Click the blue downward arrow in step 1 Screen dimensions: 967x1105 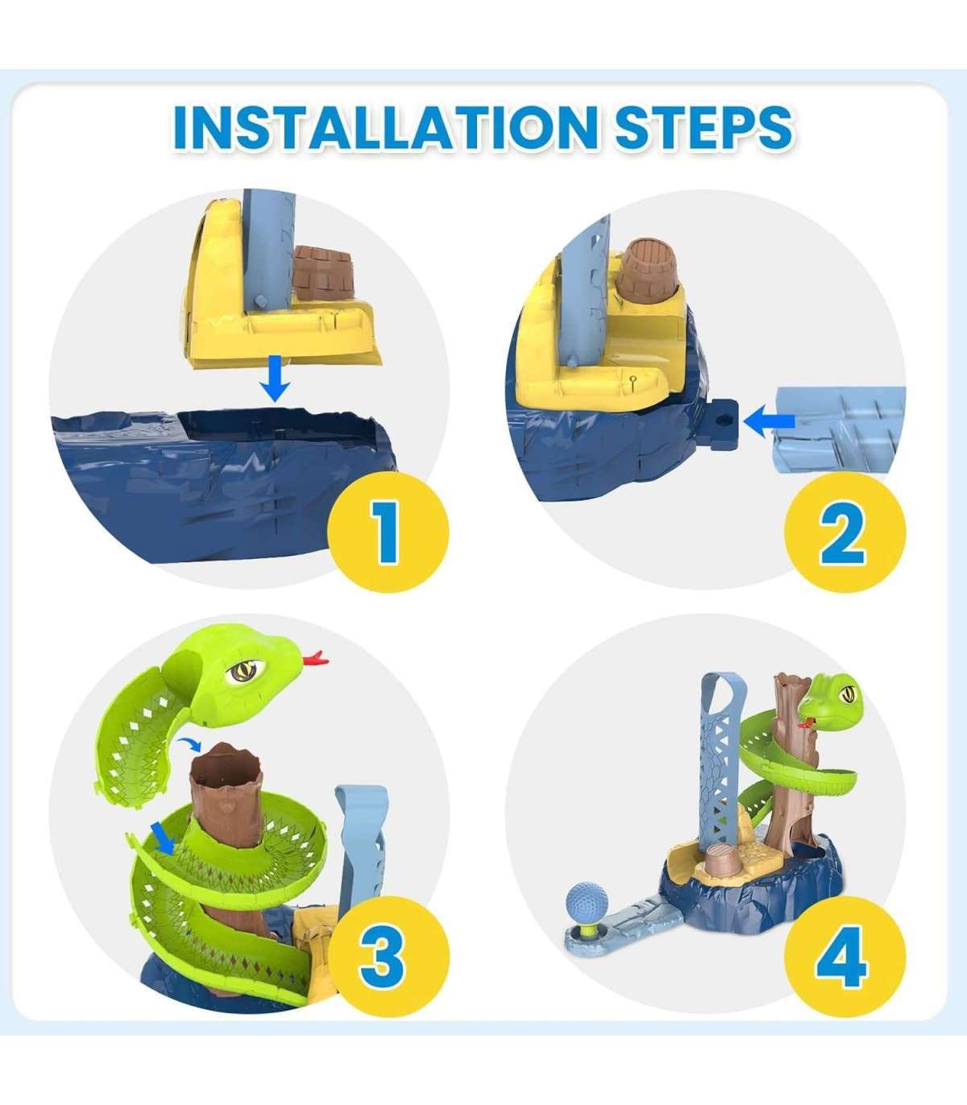(275, 378)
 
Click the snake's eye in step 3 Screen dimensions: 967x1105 (240, 672)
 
